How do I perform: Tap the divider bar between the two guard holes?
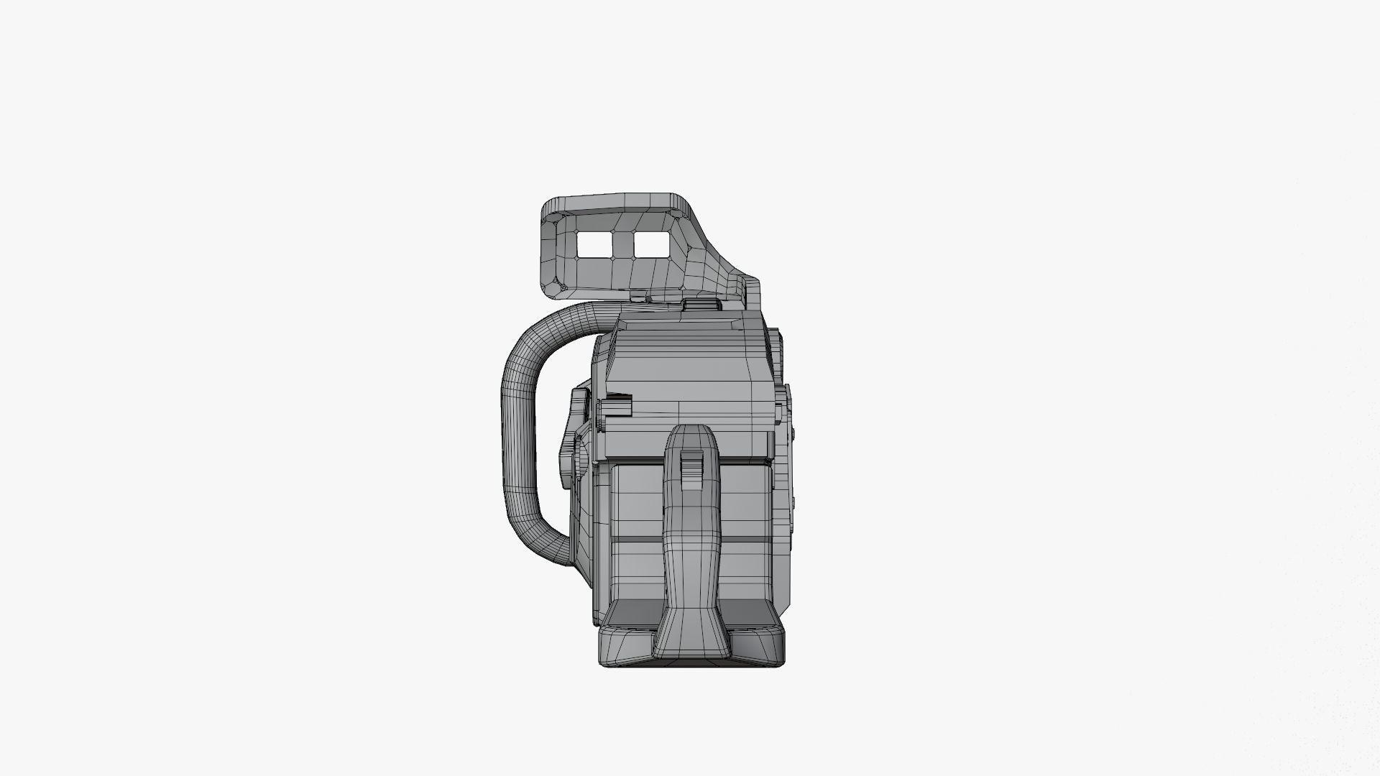pyautogui.click(x=622, y=245)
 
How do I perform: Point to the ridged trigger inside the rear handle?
pyautogui.click(x=691, y=470)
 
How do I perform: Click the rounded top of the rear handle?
pyautogui.click(x=691, y=434)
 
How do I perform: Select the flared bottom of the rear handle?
pyautogui.click(x=691, y=632)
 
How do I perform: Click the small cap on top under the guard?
pyautogui.click(x=701, y=305)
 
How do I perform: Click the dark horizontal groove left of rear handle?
pyautogui.click(x=636, y=538)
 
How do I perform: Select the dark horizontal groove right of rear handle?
pyautogui.click(x=744, y=538)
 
